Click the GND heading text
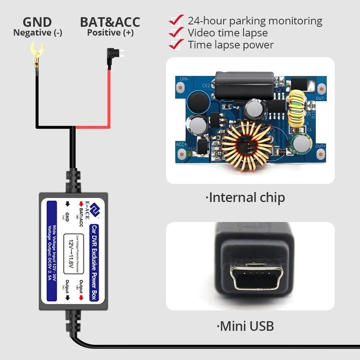[37, 22]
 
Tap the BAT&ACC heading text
[110, 22]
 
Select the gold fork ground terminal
[36, 54]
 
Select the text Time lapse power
[231, 45]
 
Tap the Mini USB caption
[246, 326]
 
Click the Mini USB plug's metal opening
[250, 278]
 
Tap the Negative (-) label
[38, 33]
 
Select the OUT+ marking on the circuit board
[320, 146]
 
